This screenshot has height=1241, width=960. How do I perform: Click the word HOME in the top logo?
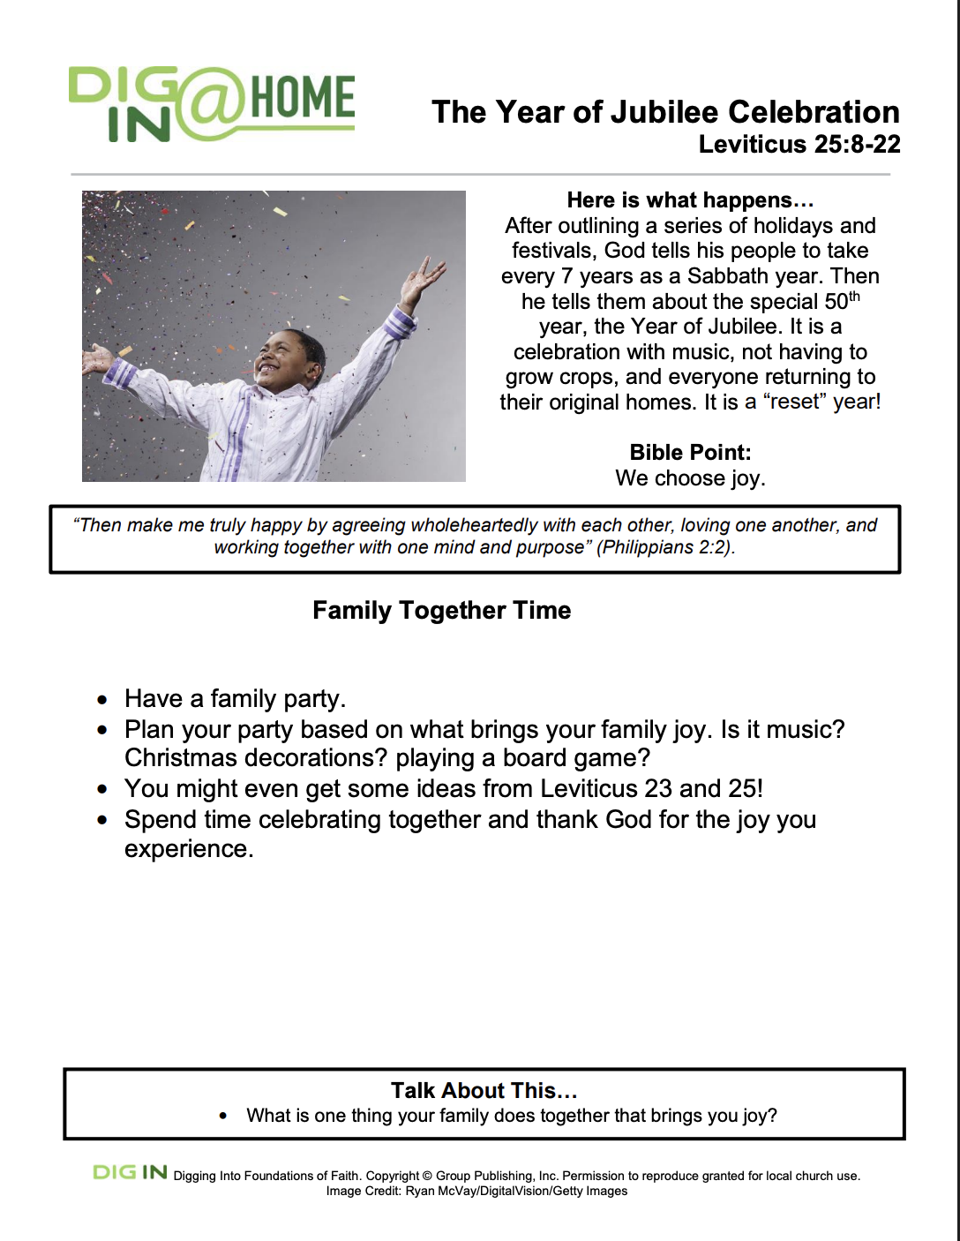303,97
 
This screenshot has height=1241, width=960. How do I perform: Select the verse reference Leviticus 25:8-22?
799,144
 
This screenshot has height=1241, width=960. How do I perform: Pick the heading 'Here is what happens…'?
690,200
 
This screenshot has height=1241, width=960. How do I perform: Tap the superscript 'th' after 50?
854,297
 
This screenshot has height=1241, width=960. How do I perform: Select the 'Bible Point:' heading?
690,453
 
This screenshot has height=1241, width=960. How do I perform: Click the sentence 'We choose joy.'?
690,478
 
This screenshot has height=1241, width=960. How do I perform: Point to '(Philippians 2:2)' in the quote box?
665,547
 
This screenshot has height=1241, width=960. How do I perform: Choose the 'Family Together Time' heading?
441,611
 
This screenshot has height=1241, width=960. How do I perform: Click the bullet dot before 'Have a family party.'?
103,701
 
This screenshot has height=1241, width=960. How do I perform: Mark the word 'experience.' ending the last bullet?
189,849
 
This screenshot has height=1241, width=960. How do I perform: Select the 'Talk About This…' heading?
484,1091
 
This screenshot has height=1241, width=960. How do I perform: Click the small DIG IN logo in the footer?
130,1172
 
